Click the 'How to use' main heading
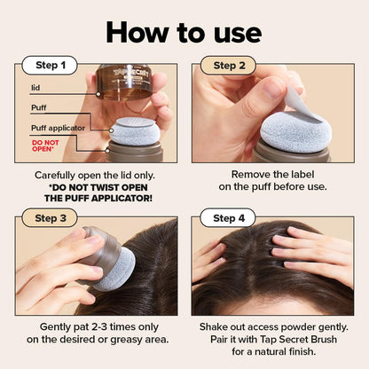tap(184, 32)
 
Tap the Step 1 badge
tap(50, 66)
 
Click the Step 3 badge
tap(50, 218)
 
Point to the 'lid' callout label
tap(35, 88)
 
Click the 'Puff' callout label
tap(40, 108)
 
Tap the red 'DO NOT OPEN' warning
tap(45, 146)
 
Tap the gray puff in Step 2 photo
tap(293, 131)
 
